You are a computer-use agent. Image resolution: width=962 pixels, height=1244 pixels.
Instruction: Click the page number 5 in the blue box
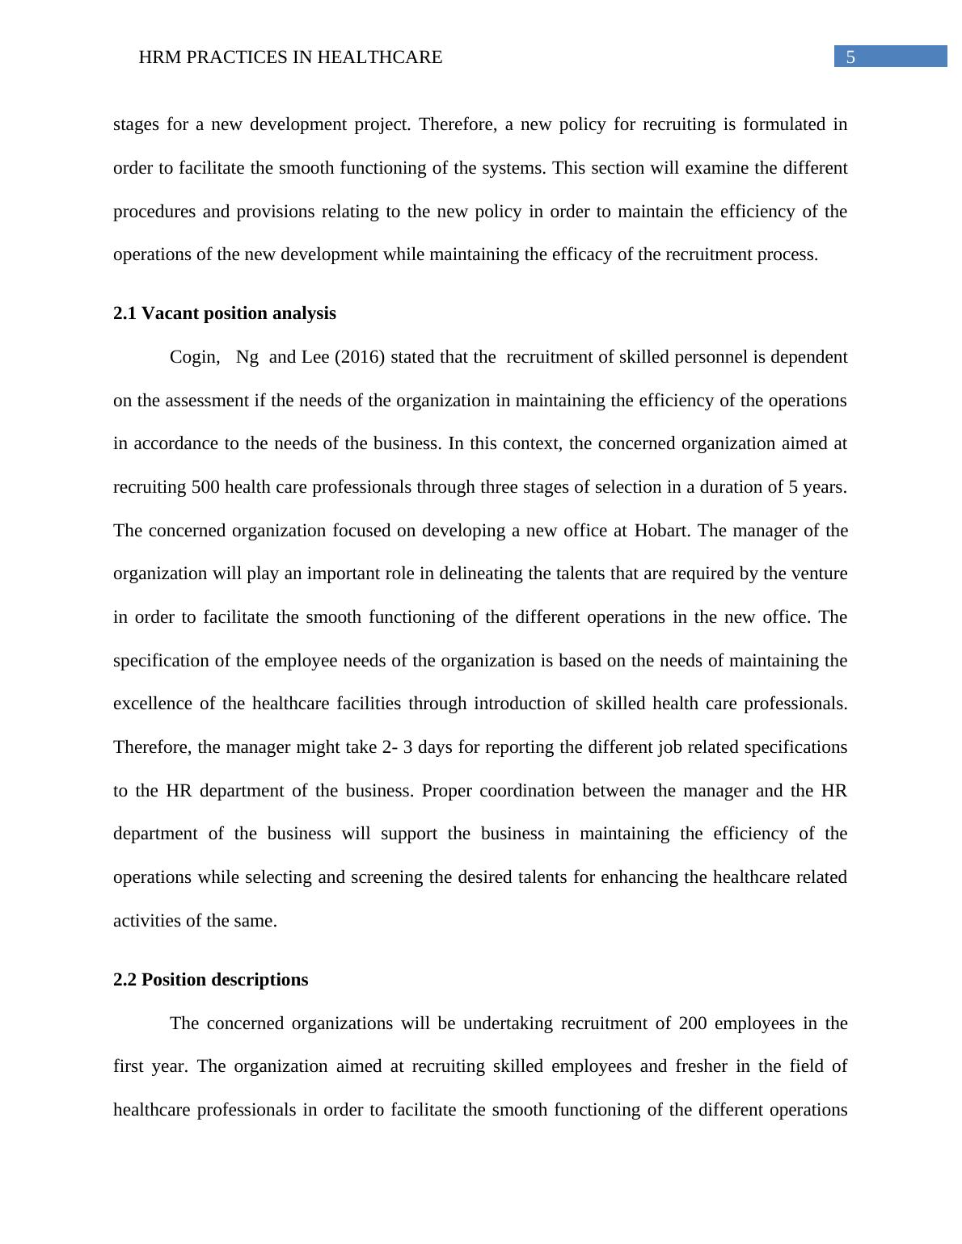point(850,57)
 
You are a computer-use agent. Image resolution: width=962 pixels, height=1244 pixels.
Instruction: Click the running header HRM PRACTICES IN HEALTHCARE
point(290,57)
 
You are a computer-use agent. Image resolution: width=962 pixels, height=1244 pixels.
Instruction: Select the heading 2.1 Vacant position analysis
point(225,313)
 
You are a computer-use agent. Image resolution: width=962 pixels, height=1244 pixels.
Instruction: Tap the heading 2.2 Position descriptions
point(210,980)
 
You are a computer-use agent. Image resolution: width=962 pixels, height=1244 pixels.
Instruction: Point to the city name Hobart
point(662,531)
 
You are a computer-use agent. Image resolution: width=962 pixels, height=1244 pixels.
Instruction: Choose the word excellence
point(151,704)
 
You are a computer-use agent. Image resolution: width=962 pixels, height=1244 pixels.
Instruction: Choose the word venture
point(819,574)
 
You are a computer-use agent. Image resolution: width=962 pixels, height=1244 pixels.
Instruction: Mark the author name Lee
point(315,357)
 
